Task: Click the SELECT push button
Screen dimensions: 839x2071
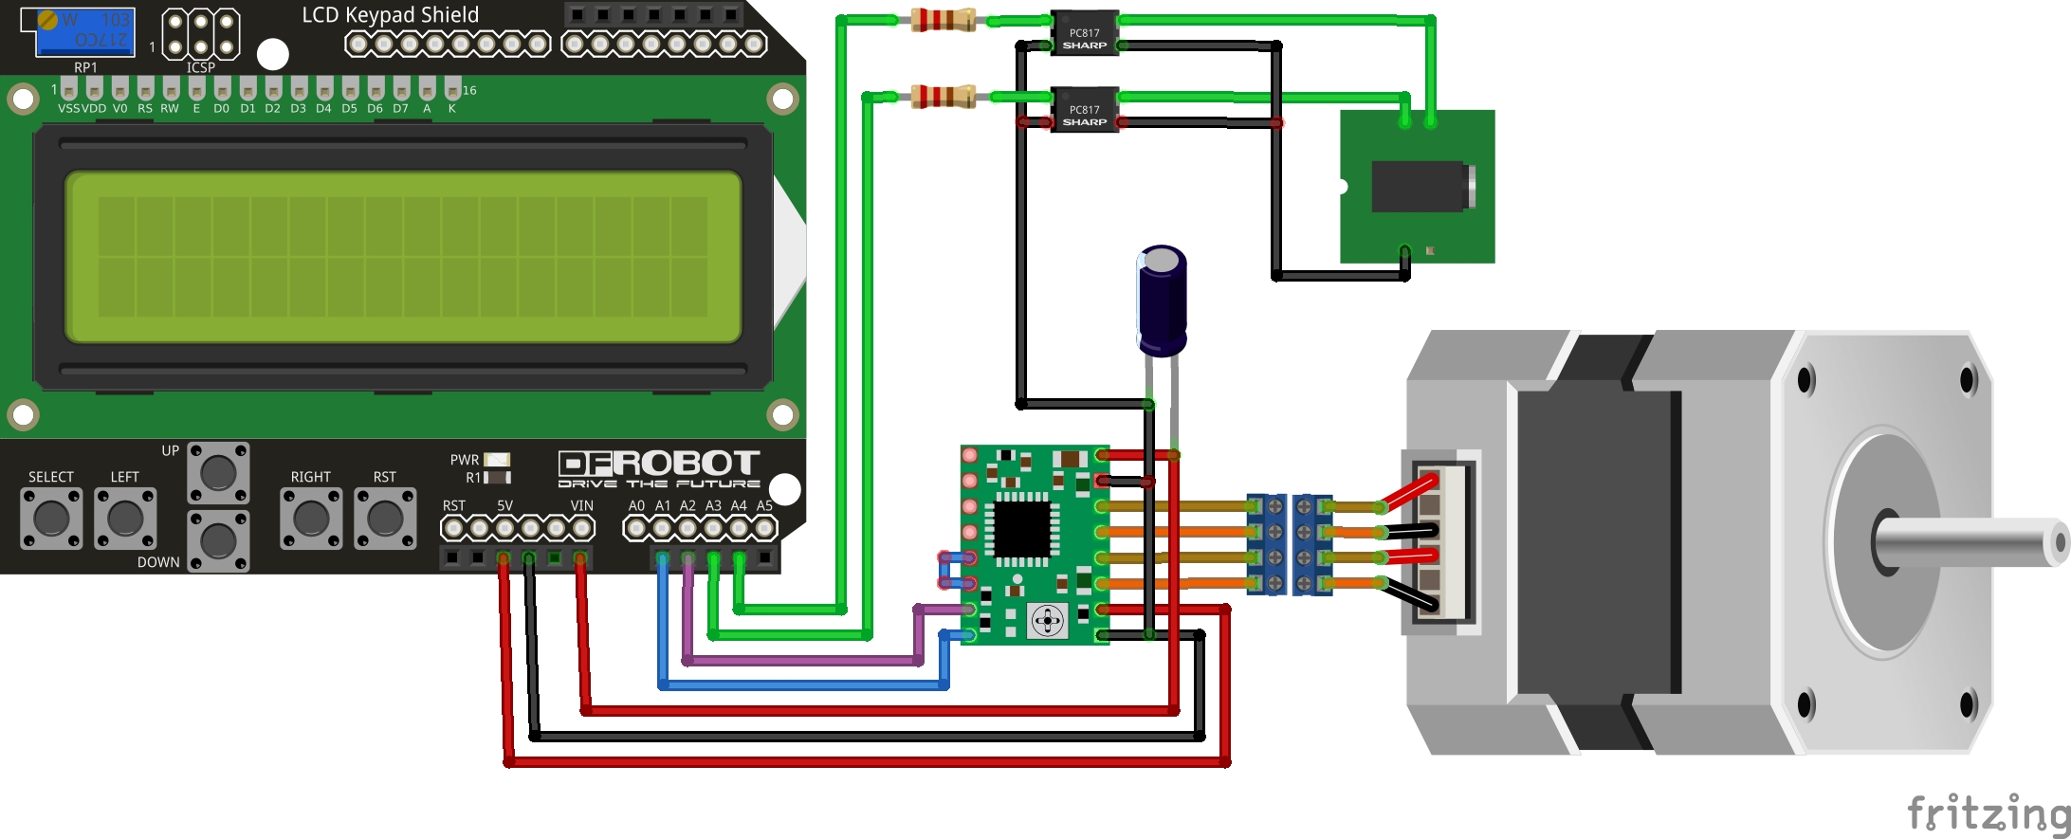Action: [51, 518]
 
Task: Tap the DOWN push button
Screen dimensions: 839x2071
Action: [218, 540]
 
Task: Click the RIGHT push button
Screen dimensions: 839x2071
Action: [311, 518]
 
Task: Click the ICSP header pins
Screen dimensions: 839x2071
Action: [200, 33]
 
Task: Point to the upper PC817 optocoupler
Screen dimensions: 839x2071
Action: [1084, 33]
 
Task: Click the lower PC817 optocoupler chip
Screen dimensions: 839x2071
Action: [1084, 110]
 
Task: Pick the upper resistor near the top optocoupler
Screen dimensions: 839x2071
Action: [943, 20]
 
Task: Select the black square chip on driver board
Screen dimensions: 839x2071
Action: [1020, 528]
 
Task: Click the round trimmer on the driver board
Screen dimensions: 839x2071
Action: [1048, 622]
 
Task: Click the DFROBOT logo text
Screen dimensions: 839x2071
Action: [659, 464]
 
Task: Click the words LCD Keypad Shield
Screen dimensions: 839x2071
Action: [390, 15]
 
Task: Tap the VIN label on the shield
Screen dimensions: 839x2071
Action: [581, 505]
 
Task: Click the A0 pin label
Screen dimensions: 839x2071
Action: [636, 505]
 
